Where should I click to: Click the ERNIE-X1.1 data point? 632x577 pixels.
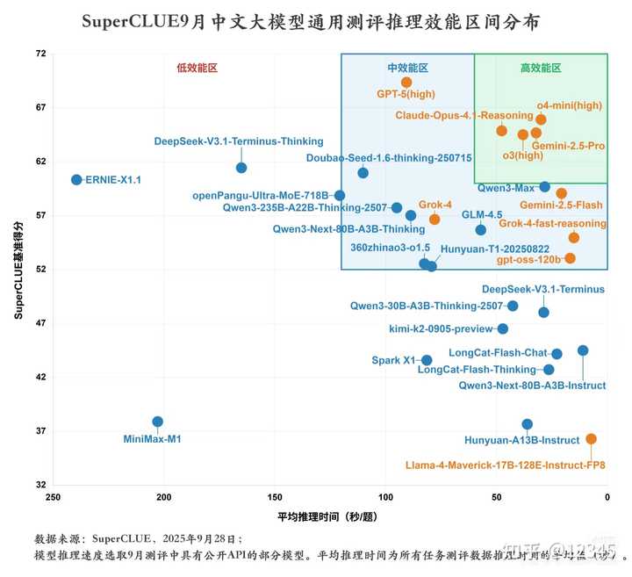(x=76, y=179)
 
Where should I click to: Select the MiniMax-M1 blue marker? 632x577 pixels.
(x=158, y=422)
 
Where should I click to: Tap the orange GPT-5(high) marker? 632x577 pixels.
(x=406, y=83)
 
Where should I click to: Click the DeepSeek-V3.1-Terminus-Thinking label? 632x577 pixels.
(x=238, y=141)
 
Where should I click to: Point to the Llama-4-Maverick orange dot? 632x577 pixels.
(x=591, y=438)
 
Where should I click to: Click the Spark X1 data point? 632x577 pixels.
(x=427, y=360)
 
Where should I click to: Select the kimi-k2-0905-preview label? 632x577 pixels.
(x=441, y=329)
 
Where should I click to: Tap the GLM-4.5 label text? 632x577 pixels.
(x=482, y=214)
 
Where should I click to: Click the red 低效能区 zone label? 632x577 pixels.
(x=197, y=68)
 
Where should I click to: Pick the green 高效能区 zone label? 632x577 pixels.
(x=540, y=68)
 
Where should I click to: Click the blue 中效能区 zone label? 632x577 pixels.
(x=408, y=68)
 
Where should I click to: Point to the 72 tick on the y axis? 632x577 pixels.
(x=40, y=54)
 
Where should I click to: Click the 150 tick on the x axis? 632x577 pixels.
(x=275, y=497)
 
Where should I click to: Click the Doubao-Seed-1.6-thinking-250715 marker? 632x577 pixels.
(x=363, y=173)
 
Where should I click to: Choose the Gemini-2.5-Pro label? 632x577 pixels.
(x=568, y=146)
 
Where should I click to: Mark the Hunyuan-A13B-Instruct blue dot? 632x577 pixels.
(x=527, y=424)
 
